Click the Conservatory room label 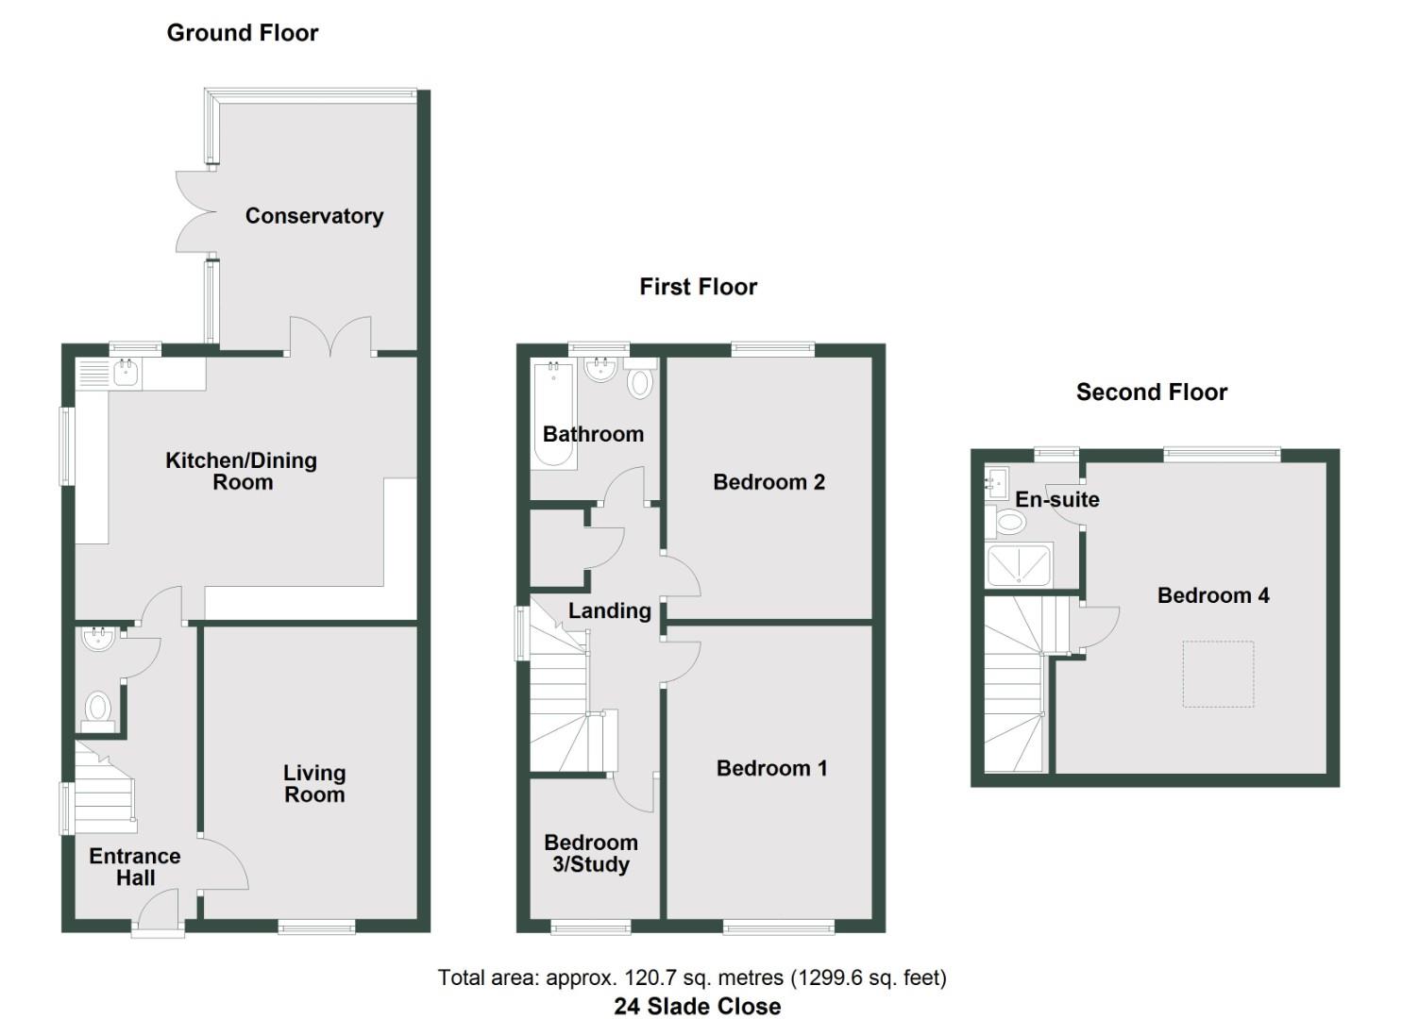pyautogui.click(x=314, y=216)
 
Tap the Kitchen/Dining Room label pyautogui.click(x=242, y=471)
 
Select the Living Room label pyautogui.click(x=314, y=784)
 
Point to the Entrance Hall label pyautogui.click(x=135, y=867)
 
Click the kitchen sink pyautogui.click(x=126, y=373)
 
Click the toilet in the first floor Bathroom pyautogui.click(x=640, y=382)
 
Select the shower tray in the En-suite pyautogui.click(x=1019, y=565)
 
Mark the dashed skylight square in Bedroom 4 pyautogui.click(x=1218, y=674)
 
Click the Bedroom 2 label pyautogui.click(x=769, y=482)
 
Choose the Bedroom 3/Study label pyautogui.click(x=591, y=853)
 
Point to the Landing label pyautogui.click(x=609, y=611)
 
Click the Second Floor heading pyautogui.click(x=1151, y=393)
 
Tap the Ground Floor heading pyautogui.click(x=243, y=33)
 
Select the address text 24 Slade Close pyautogui.click(x=697, y=1007)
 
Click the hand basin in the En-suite pyautogui.click(x=997, y=483)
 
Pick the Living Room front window pyautogui.click(x=317, y=928)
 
